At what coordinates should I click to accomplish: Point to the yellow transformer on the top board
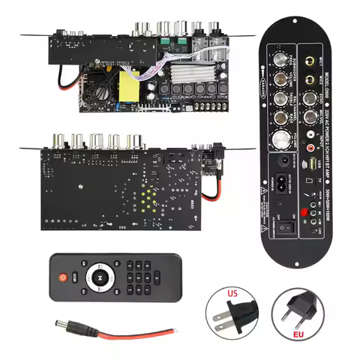pos(125,80)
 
